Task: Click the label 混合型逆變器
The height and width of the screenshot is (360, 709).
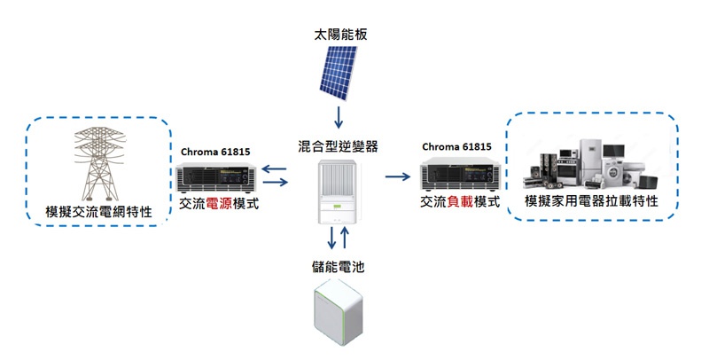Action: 339,145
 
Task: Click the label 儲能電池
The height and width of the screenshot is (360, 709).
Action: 339,266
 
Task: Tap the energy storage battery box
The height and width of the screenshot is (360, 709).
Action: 339,315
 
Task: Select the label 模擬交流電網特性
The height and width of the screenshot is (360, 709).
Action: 98,213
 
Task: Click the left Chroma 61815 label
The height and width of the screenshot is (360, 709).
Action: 217,150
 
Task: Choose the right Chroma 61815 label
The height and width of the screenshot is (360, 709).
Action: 458,147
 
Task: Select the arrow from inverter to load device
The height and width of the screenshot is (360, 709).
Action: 398,176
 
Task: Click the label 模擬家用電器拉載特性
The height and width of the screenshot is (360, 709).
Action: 591,201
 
